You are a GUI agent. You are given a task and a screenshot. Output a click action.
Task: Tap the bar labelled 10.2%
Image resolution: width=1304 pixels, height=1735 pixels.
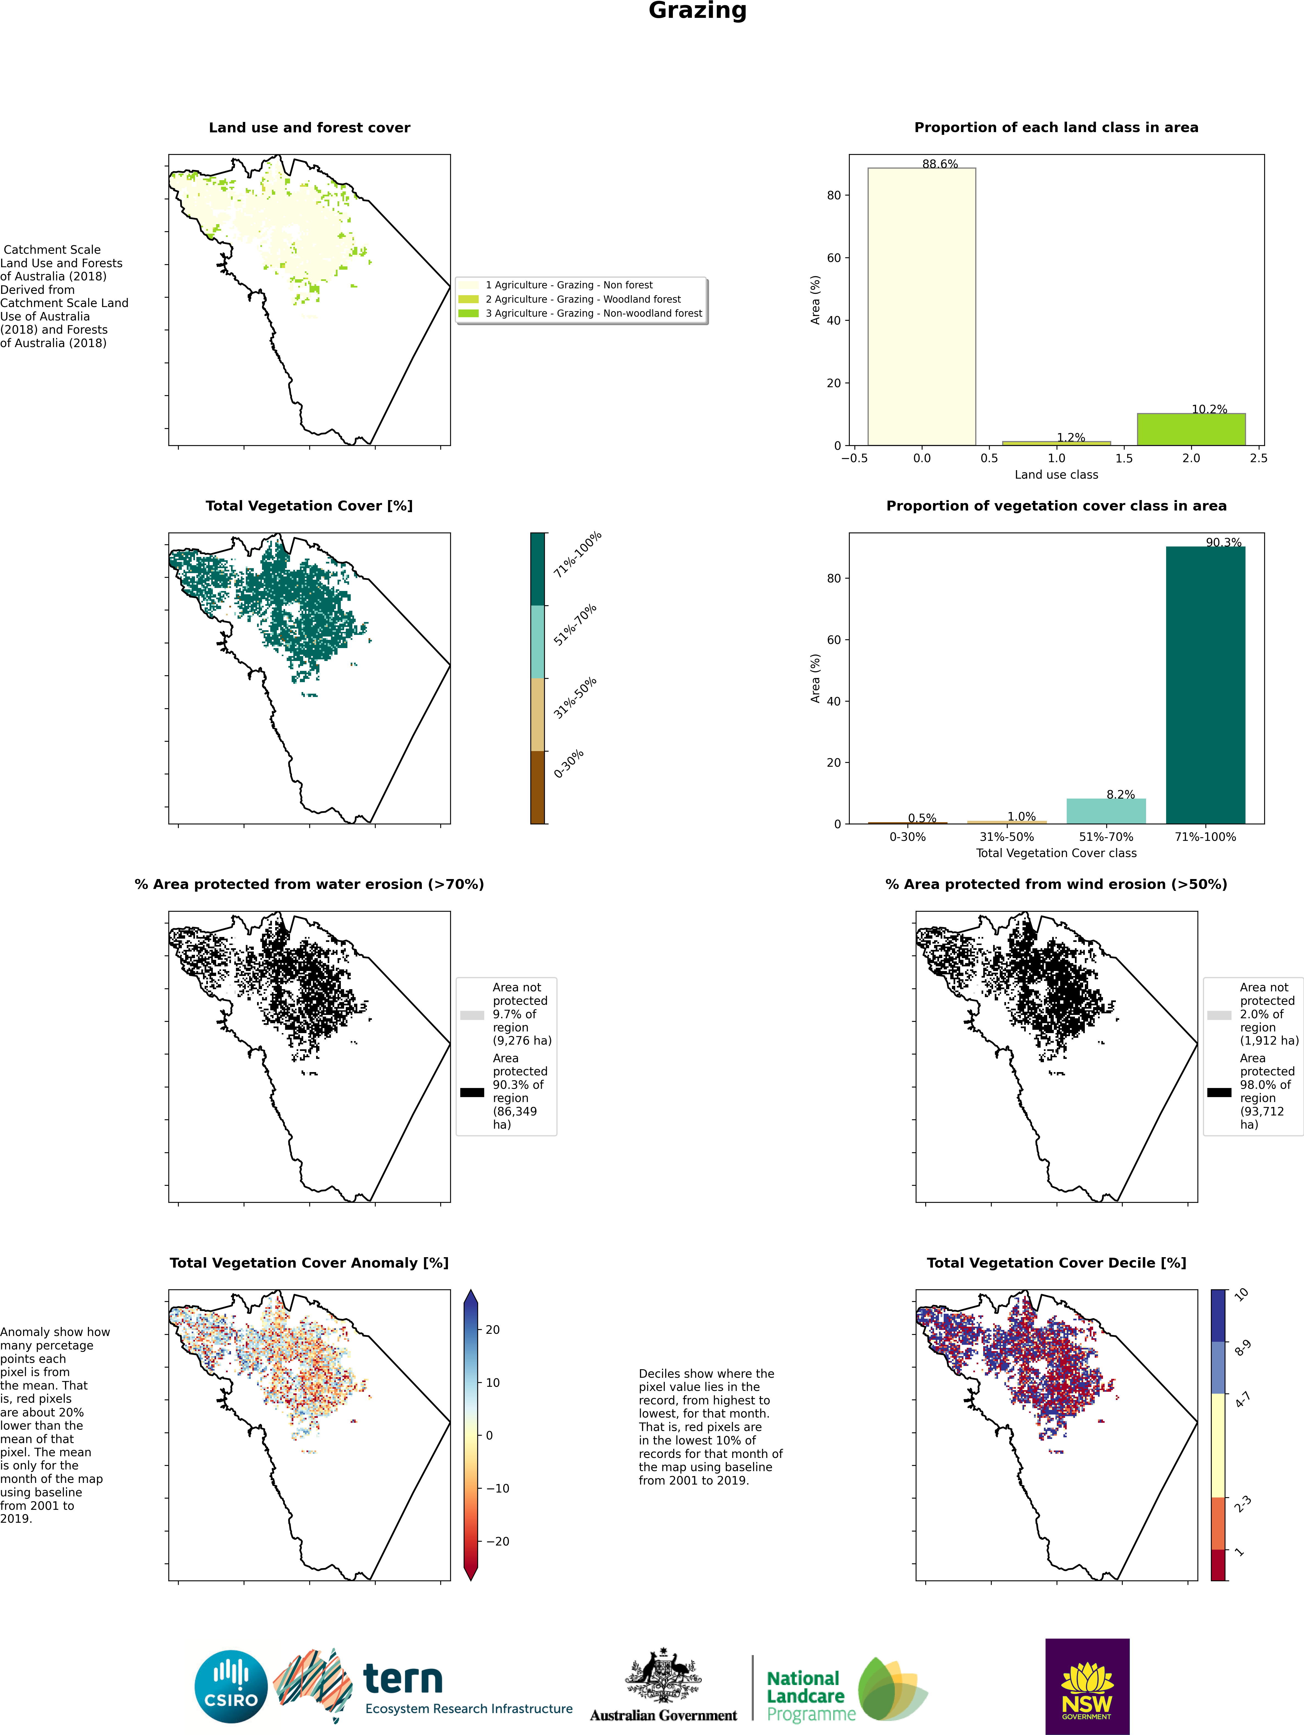1191,429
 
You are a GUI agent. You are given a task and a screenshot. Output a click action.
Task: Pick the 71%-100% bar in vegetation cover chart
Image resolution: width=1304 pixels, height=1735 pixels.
1205,685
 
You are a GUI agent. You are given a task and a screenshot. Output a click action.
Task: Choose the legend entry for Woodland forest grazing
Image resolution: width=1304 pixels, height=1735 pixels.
582,299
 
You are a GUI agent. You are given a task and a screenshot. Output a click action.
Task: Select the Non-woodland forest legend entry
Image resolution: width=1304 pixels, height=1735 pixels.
582,313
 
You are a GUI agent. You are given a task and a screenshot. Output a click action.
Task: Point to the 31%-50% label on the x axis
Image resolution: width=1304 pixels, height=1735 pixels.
1007,837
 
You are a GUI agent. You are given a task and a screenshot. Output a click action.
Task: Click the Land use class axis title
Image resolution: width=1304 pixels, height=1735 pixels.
1056,475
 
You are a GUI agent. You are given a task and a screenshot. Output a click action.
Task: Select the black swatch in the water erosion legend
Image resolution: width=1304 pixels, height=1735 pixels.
472,1092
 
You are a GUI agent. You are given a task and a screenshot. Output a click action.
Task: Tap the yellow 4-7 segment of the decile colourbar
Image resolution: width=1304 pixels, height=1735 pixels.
1219,1445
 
